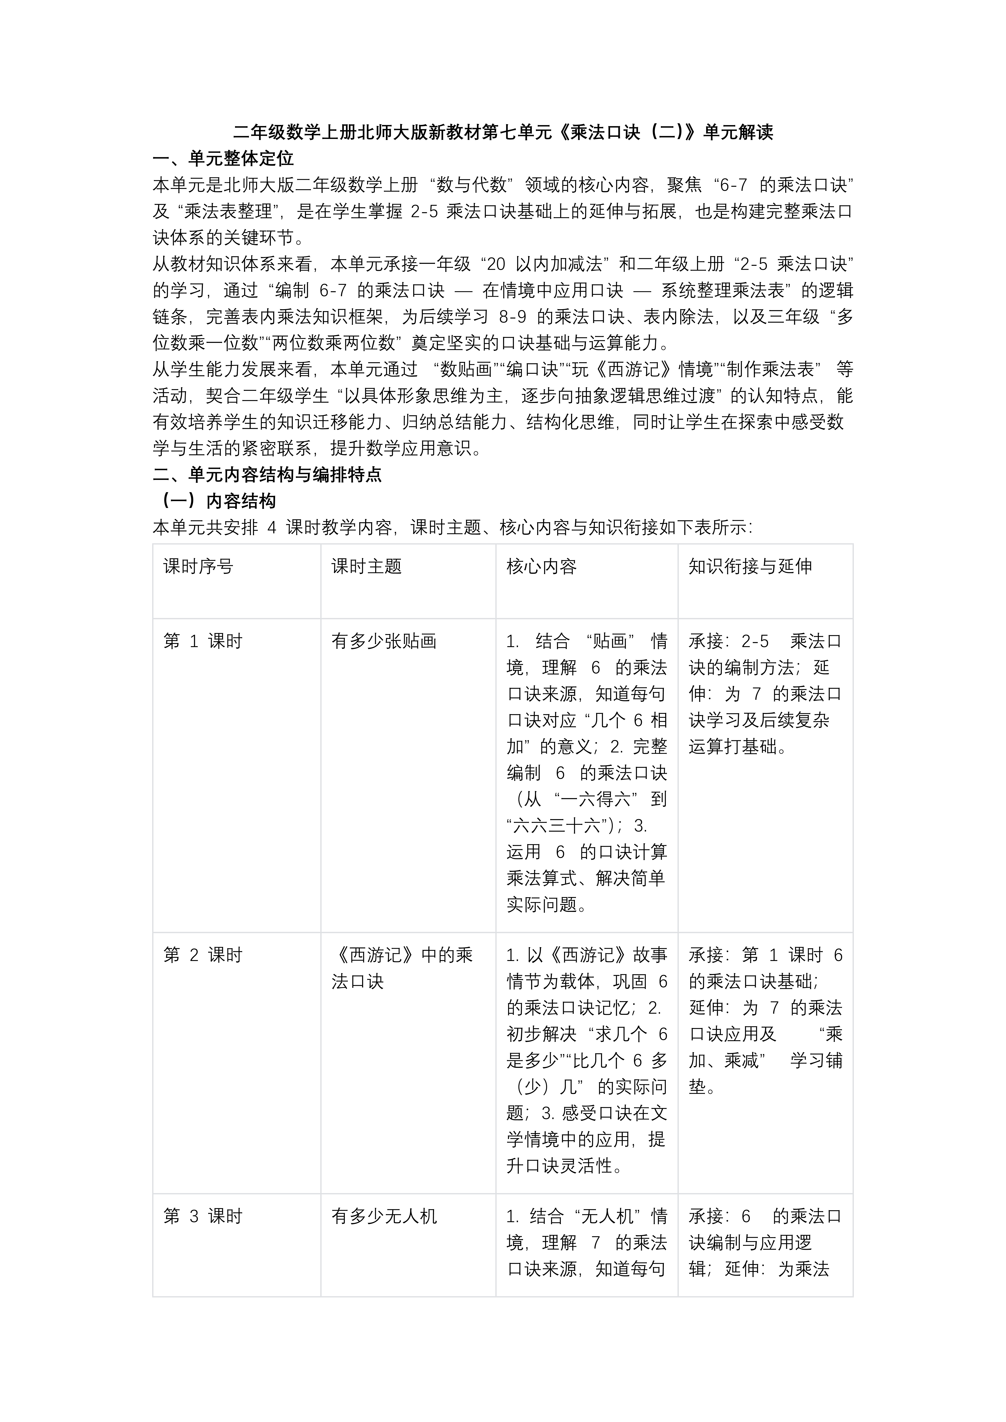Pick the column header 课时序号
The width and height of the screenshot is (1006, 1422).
pos(198,566)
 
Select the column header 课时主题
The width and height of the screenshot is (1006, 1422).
pos(367,566)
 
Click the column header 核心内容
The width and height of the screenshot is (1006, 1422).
pos(541,566)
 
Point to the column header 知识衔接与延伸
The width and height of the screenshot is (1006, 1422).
pos(750,566)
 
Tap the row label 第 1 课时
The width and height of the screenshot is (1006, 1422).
pos(203,641)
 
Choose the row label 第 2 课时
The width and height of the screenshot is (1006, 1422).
pos(203,955)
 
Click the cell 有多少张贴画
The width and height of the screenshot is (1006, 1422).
pos(384,641)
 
